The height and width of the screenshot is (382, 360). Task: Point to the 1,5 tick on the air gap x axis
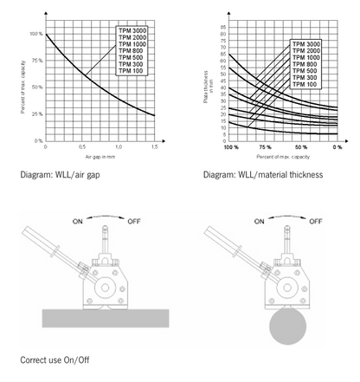pyautogui.click(x=153, y=147)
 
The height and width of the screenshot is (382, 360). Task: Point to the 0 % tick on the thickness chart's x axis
pyautogui.click(x=336, y=147)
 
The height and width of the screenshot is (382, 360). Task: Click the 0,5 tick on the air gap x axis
pyautogui.click(x=80, y=147)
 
